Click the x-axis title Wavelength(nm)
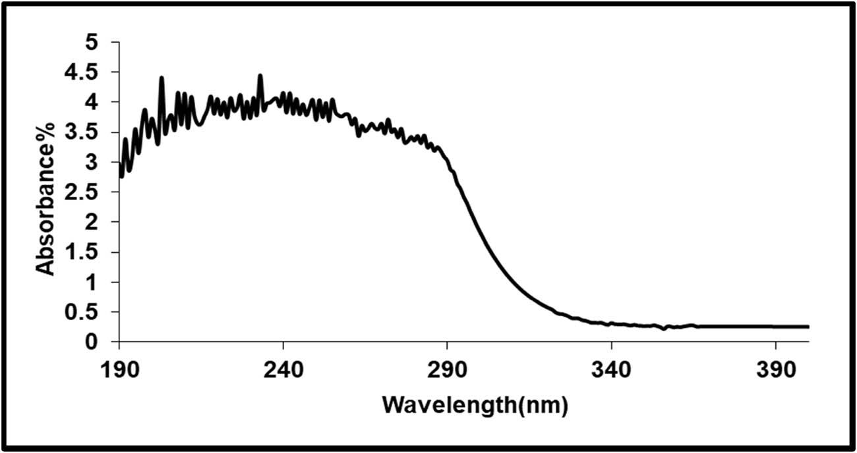point(475,404)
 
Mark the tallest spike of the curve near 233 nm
point(260,76)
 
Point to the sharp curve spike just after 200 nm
point(162,78)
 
